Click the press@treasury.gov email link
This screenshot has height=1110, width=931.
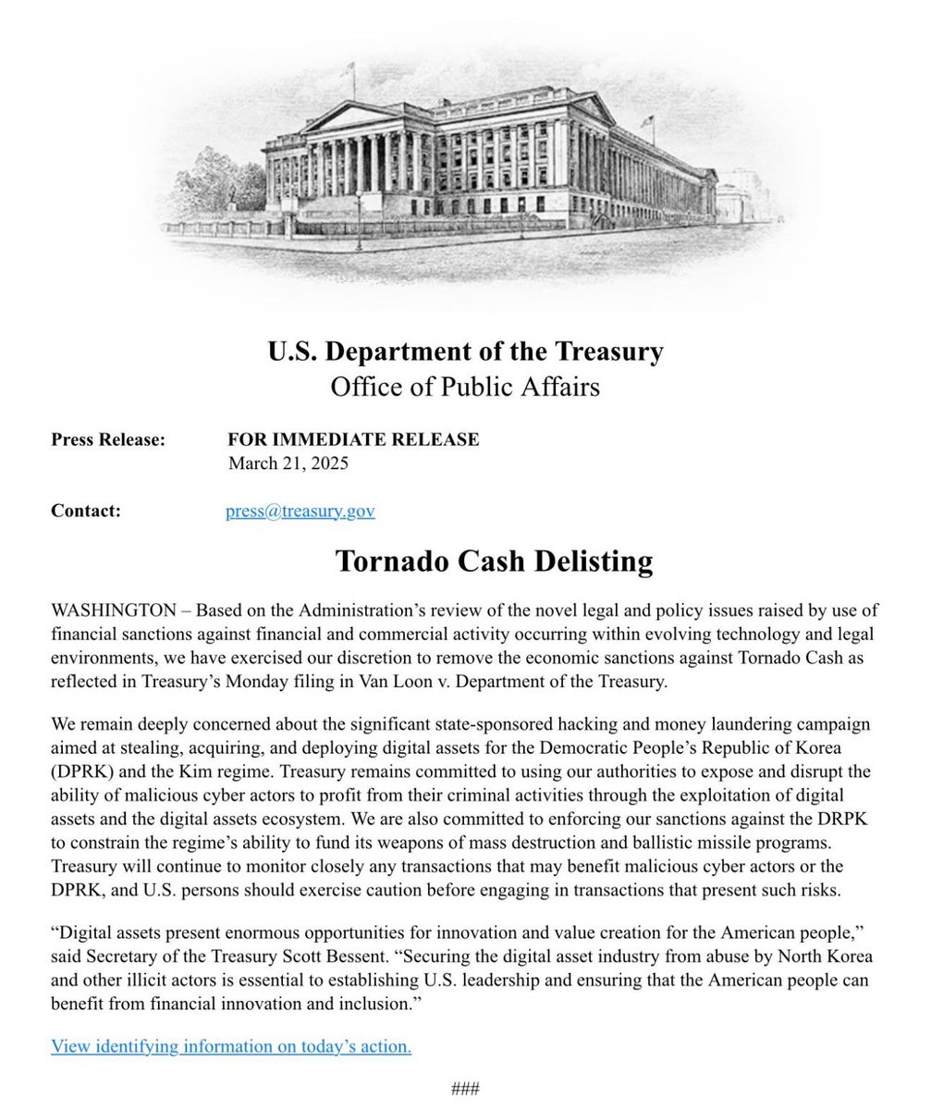click(300, 511)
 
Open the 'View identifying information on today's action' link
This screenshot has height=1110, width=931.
click(231, 1046)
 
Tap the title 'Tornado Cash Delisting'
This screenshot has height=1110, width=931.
click(494, 561)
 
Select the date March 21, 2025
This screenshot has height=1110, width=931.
click(288, 463)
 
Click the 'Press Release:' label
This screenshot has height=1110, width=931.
click(108, 440)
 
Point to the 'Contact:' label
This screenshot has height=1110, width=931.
click(86, 511)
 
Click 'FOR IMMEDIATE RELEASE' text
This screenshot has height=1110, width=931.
click(353, 440)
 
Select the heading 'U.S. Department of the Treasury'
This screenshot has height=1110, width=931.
click(465, 352)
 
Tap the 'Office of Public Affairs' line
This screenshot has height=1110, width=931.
click(465, 386)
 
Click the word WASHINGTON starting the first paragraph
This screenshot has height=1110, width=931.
click(113, 610)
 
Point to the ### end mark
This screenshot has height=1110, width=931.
click(465, 1089)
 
